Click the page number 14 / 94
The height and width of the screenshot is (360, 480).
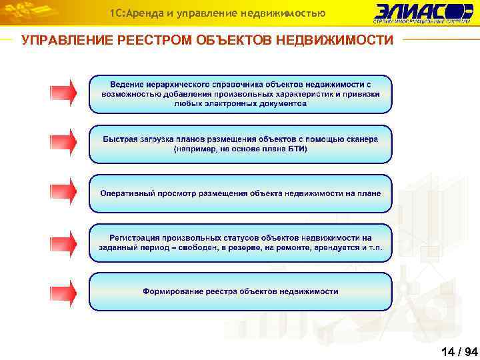pyautogui.click(x=459, y=351)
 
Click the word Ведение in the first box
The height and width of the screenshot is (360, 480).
pyautogui.click(x=127, y=84)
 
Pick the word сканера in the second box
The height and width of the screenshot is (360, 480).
pyautogui.click(x=362, y=139)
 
